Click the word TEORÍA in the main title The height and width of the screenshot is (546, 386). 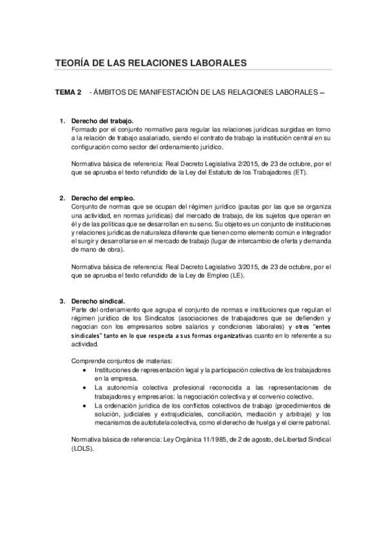75,63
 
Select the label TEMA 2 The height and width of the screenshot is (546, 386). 68,93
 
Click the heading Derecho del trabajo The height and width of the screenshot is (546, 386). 102,121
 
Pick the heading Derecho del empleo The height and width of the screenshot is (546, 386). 102,197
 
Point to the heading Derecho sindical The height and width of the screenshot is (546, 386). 98,301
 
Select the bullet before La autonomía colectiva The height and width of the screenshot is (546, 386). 86,388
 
